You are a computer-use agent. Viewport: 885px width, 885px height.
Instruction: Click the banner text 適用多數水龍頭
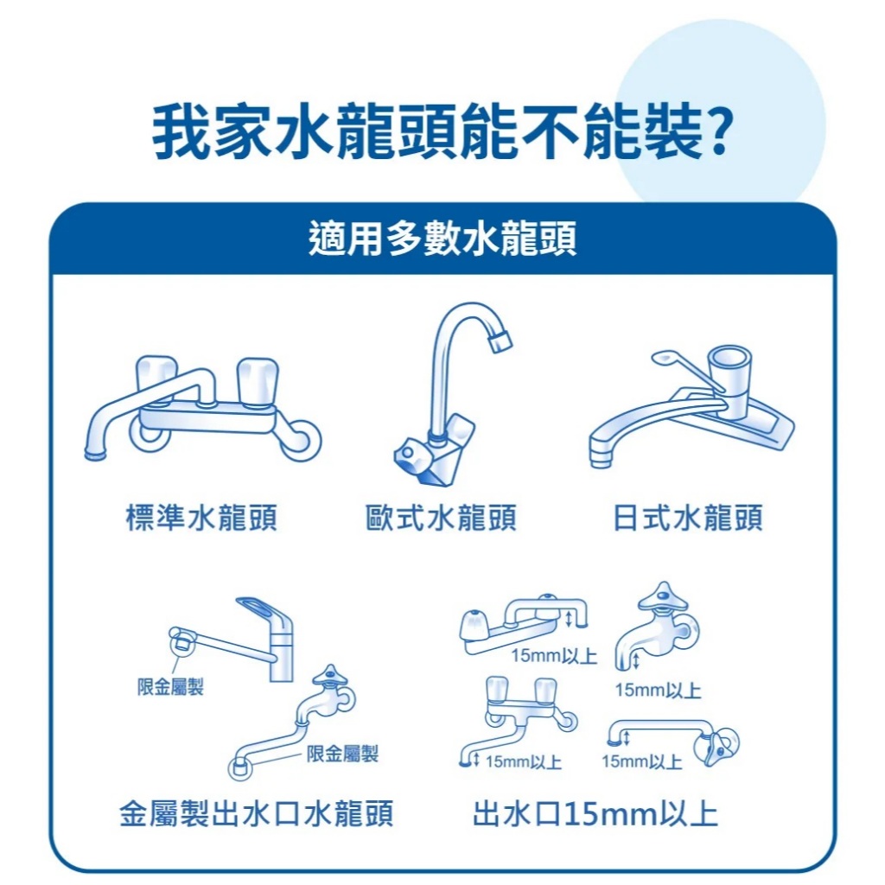coord(442,239)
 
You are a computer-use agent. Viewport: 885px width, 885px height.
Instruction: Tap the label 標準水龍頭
coord(201,518)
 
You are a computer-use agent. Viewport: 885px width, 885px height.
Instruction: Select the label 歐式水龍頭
coord(441,518)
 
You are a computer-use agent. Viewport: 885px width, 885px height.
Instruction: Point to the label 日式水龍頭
coord(688,518)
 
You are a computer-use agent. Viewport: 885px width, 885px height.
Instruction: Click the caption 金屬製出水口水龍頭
coord(256,813)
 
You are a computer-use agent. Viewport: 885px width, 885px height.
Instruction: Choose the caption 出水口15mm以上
coord(595,813)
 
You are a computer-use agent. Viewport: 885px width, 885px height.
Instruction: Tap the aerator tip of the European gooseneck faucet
coord(500,340)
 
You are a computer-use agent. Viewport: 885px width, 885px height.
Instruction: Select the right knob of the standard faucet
coord(258,380)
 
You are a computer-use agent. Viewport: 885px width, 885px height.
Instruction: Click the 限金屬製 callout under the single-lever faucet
coord(170,687)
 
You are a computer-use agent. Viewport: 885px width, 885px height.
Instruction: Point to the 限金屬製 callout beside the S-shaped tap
coord(342,753)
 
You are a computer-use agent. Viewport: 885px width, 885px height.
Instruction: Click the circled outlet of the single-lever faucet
coord(182,643)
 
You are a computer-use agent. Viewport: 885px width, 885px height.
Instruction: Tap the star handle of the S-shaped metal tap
coord(331,676)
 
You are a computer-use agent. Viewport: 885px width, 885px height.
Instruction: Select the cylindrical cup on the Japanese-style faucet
coord(729,372)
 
